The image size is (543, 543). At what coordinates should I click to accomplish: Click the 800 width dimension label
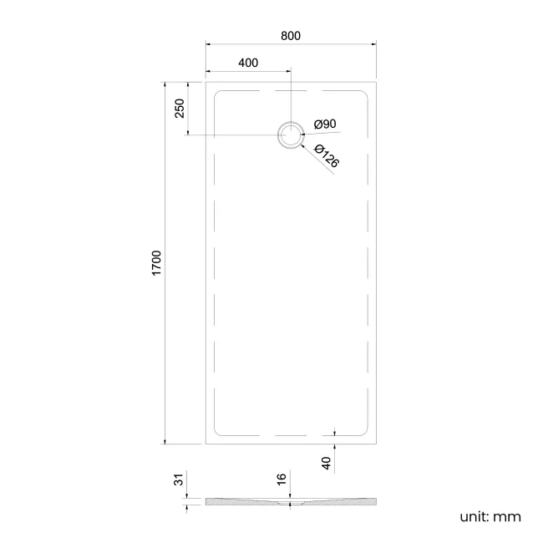(291, 36)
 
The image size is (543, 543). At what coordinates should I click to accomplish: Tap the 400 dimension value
(248, 63)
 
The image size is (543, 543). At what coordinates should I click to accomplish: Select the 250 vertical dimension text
(179, 109)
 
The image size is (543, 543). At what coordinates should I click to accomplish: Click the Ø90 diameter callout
(325, 124)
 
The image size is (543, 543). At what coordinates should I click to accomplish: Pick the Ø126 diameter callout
(327, 155)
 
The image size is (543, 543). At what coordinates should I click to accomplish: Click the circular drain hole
(291, 135)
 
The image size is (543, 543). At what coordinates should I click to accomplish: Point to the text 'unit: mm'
(490, 516)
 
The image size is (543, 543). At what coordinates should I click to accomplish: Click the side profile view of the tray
(291, 502)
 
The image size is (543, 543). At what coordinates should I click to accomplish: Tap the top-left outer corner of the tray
(206, 82)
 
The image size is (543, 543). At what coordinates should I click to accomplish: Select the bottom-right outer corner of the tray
(376, 444)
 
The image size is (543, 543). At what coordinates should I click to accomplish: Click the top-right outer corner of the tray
(376, 82)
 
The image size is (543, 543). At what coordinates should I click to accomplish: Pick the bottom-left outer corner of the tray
(206, 444)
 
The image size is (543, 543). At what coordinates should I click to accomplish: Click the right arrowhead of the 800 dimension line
(373, 45)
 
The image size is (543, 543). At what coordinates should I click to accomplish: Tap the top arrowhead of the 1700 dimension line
(165, 85)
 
